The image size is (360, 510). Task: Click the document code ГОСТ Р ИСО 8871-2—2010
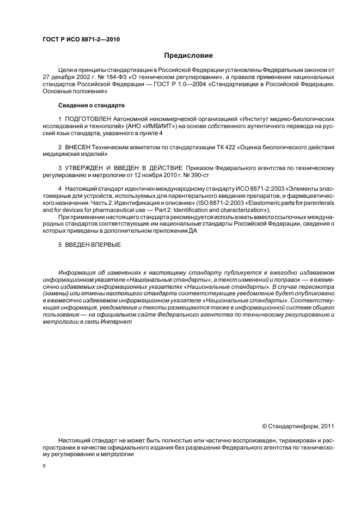[x=81, y=40]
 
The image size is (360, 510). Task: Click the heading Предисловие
[x=188, y=56]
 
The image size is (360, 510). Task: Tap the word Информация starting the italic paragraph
[x=77, y=272]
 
